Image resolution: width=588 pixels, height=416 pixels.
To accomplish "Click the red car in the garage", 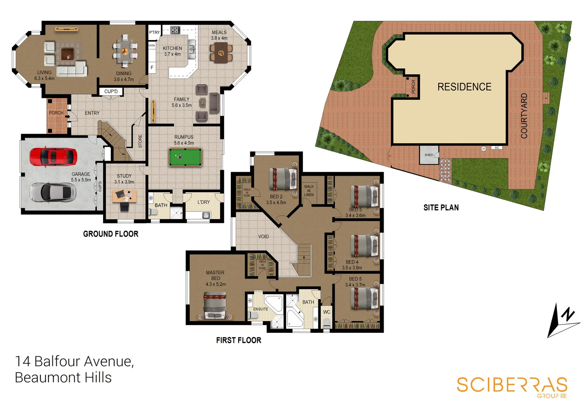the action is point(53,157).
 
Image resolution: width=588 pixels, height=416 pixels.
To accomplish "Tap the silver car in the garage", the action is point(52,191).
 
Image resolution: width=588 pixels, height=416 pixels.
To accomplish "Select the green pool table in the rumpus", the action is point(185,157).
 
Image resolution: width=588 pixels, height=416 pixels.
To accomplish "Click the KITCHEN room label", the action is point(172,49).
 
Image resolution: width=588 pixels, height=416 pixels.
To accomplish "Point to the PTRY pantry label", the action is point(154,32).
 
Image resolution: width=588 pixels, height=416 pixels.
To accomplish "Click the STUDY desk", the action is point(124,196).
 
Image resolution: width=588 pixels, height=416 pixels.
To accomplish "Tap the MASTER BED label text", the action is point(215,275).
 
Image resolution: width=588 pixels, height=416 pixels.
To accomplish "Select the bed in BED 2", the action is point(283,179).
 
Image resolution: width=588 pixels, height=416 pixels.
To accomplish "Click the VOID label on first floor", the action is point(264,237).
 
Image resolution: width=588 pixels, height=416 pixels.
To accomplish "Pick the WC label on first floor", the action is point(327,312).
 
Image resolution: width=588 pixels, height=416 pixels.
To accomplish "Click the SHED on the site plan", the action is point(429,155).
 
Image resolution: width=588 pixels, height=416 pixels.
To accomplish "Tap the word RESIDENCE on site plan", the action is point(464,87).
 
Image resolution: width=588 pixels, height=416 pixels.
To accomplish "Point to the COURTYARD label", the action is point(524,116).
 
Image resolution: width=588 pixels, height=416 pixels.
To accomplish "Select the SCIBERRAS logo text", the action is point(512,385).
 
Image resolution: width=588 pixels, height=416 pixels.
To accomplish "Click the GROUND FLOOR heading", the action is point(111,234).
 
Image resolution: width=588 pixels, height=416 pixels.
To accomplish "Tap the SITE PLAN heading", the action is point(441,208).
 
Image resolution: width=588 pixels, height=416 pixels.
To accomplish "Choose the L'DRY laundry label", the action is point(204,202).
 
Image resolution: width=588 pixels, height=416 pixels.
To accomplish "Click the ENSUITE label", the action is point(261,309).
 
